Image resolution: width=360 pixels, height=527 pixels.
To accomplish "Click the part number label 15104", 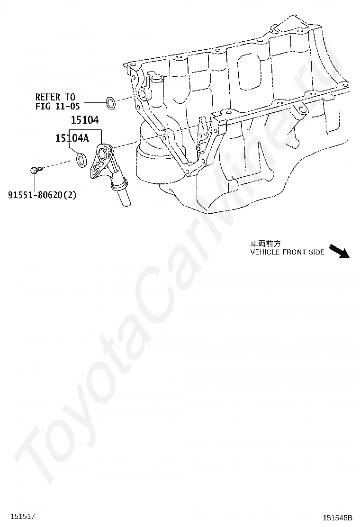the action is click(85, 121).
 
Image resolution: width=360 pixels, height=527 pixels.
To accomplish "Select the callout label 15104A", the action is click(72, 138).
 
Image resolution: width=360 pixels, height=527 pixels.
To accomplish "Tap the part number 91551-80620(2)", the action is click(42, 194).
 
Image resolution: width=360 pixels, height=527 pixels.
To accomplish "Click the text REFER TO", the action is click(55, 97).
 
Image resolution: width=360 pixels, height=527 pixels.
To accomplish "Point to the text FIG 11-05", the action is click(58, 106).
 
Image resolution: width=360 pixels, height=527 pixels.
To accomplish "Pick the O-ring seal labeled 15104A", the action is click(81, 159).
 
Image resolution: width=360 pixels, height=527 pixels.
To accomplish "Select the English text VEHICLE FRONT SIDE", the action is click(287, 252).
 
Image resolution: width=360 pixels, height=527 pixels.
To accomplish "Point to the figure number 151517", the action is click(24, 516).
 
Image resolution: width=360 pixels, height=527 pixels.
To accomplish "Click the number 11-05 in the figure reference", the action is click(69, 106).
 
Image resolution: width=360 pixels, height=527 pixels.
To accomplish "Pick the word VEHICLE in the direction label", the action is click(265, 252).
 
